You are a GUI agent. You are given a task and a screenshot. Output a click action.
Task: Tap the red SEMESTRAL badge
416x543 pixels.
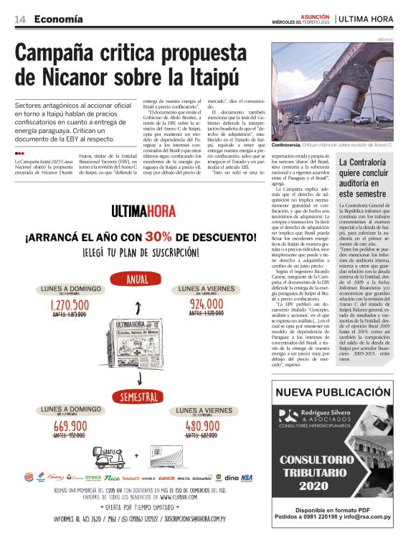click(x=139, y=396)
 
